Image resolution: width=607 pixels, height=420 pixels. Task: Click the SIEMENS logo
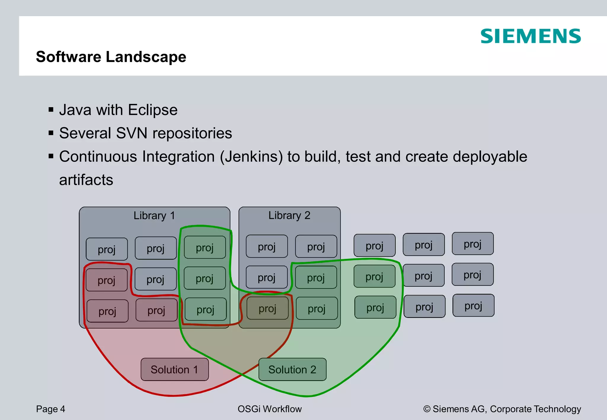tap(530, 36)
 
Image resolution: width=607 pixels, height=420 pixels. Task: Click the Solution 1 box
tap(174, 369)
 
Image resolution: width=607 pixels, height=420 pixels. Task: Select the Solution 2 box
tap(292, 369)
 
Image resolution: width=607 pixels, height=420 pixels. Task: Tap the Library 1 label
tap(154, 215)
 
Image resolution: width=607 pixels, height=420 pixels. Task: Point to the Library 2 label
tap(289, 215)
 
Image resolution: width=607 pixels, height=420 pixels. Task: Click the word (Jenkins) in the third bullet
tap(251, 156)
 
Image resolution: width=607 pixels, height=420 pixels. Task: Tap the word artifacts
tap(86, 180)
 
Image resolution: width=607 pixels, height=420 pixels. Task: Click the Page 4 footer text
tap(50, 409)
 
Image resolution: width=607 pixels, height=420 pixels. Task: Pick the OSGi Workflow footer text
tap(269, 409)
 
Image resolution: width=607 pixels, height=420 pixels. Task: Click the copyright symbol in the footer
tap(427, 409)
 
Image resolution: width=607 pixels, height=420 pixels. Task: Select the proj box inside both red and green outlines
tap(267, 308)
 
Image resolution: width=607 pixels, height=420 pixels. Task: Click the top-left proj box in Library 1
tap(107, 249)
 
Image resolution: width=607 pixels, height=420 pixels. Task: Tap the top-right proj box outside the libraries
tap(472, 243)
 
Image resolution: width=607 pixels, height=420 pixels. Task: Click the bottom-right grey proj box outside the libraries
tap(473, 305)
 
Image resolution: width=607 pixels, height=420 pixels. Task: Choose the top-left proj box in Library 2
tap(267, 246)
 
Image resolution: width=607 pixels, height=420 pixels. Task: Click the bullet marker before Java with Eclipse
tap(51, 110)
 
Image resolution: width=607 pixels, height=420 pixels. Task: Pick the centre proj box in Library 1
tap(156, 279)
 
